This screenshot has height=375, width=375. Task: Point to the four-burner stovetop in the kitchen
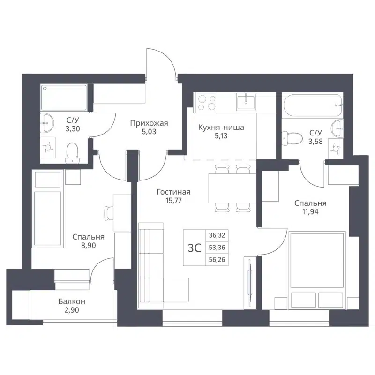207,103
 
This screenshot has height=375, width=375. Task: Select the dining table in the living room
230,188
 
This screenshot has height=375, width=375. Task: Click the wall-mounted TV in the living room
249,284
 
